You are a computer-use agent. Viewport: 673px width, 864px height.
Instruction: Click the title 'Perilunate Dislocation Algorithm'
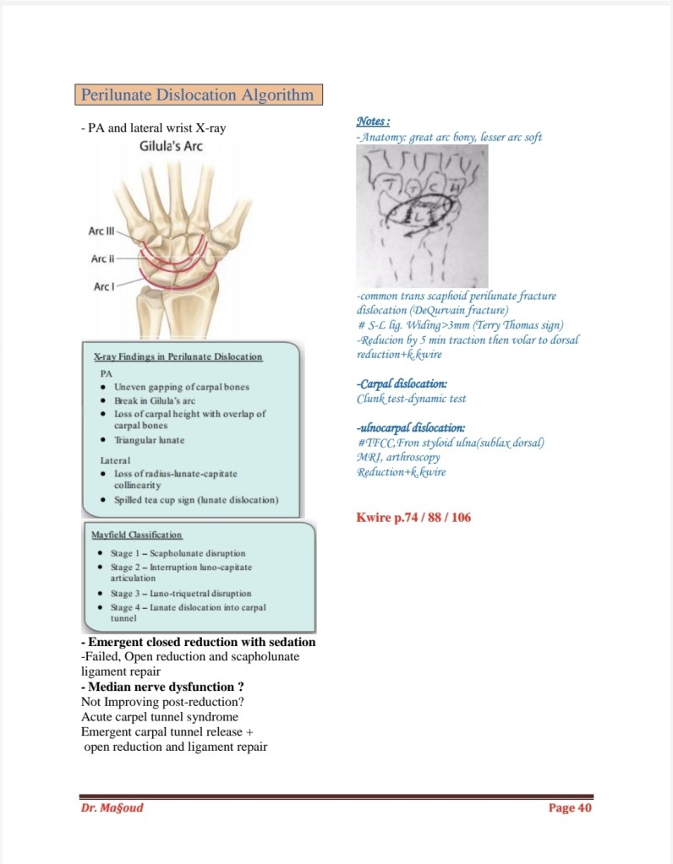pos(199,95)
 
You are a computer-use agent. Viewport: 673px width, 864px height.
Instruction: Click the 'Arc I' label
pos(103,286)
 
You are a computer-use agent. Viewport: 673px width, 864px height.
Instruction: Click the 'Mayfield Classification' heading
pos(136,535)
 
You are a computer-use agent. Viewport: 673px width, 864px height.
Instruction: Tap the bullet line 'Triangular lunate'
pos(149,440)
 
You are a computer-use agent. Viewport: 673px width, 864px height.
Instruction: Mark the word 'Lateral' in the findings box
pos(116,460)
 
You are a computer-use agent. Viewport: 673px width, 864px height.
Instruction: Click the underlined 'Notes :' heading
pos(374,121)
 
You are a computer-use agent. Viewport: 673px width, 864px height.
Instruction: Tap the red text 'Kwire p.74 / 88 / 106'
pos(413,517)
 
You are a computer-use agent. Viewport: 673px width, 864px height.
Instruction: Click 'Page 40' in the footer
pos(570,807)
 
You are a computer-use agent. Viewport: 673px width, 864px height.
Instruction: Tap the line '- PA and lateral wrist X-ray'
pos(153,128)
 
